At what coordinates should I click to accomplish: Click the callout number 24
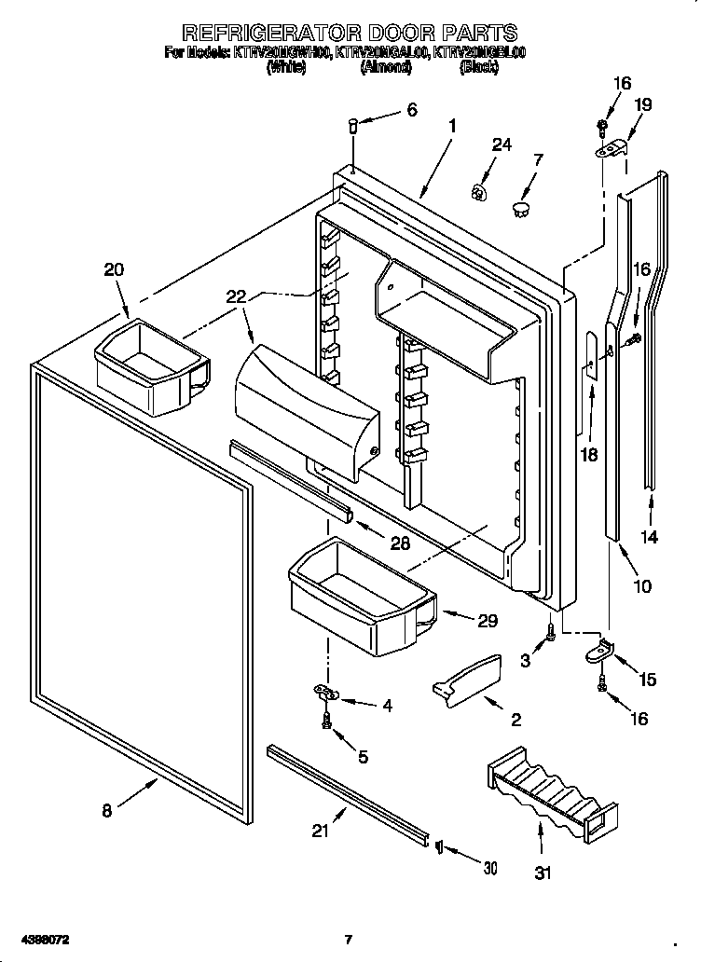502,144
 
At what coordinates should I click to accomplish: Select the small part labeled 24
480,192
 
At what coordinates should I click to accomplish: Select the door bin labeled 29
359,597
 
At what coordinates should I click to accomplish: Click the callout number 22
237,297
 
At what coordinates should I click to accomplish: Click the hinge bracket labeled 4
325,691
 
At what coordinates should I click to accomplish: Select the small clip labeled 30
438,846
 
